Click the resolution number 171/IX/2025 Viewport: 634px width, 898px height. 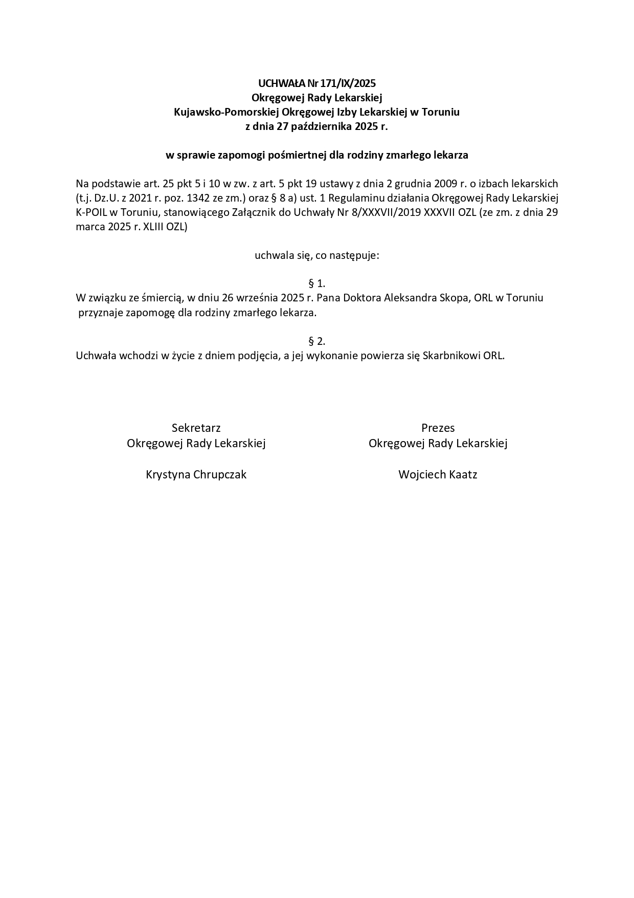pyautogui.click(x=348, y=83)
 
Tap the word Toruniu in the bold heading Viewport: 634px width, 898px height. pyautogui.click(x=441, y=112)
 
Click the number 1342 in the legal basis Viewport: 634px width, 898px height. pyautogui.click(x=186, y=198)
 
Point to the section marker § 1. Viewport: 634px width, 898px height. pyautogui.click(x=317, y=283)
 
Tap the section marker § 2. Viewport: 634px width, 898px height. pyautogui.click(x=317, y=341)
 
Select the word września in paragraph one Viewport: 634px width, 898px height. pyautogui.click(x=256, y=297)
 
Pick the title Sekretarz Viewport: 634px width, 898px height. pyautogui.click(x=196, y=428)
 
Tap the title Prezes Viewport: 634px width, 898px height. pyautogui.click(x=438, y=428)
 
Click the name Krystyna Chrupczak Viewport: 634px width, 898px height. pyautogui.click(x=196, y=474)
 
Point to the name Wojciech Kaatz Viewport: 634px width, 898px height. pyautogui.click(x=438, y=474)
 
